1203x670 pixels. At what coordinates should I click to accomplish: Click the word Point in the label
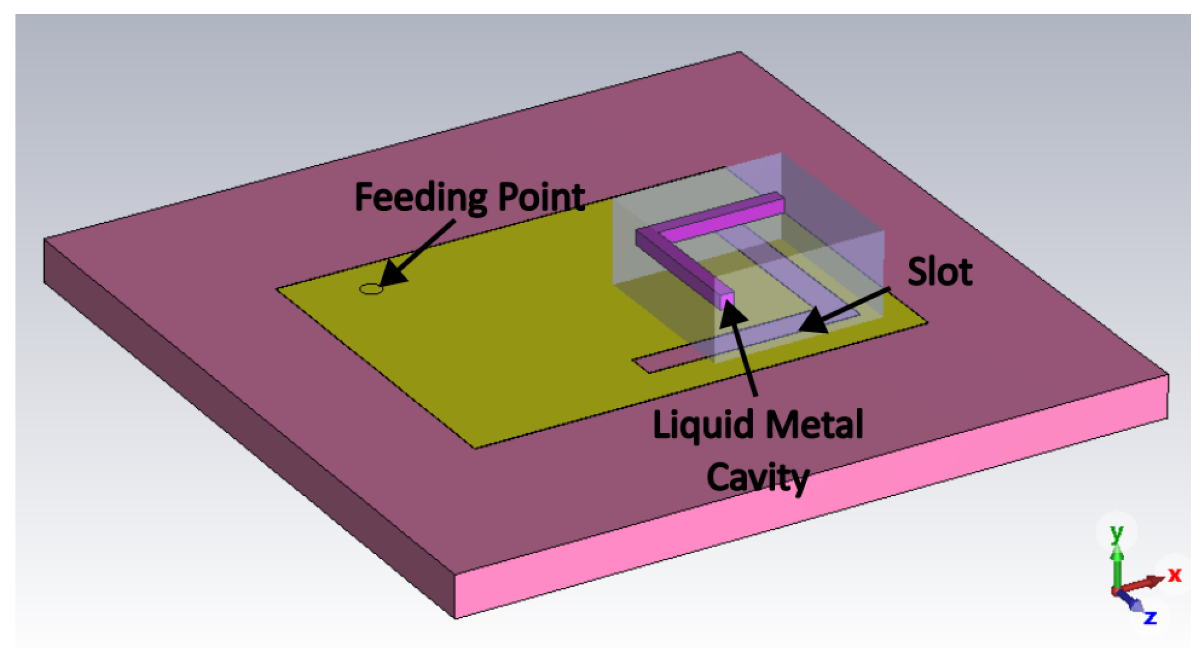pyautogui.click(x=541, y=197)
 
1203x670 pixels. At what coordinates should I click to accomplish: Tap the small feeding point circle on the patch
pyautogui.click(x=371, y=289)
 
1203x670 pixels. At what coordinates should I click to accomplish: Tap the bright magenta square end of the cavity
pyautogui.click(x=727, y=301)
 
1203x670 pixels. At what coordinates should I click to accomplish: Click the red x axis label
pyautogui.click(x=1174, y=575)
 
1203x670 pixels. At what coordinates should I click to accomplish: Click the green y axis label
pyautogui.click(x=1116, y=534)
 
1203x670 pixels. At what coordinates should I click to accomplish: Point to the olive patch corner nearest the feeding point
pyautogui.click(x=279, y=289)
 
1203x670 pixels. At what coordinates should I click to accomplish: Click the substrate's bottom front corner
pyautogui.click(x=456, y=617)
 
